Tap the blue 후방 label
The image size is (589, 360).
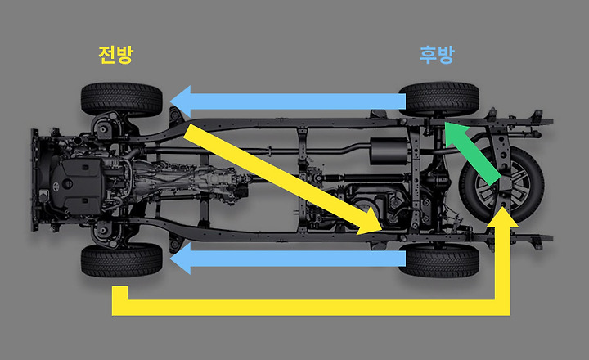coord(437,56)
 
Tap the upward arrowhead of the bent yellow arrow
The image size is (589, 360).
coord(509,215)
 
